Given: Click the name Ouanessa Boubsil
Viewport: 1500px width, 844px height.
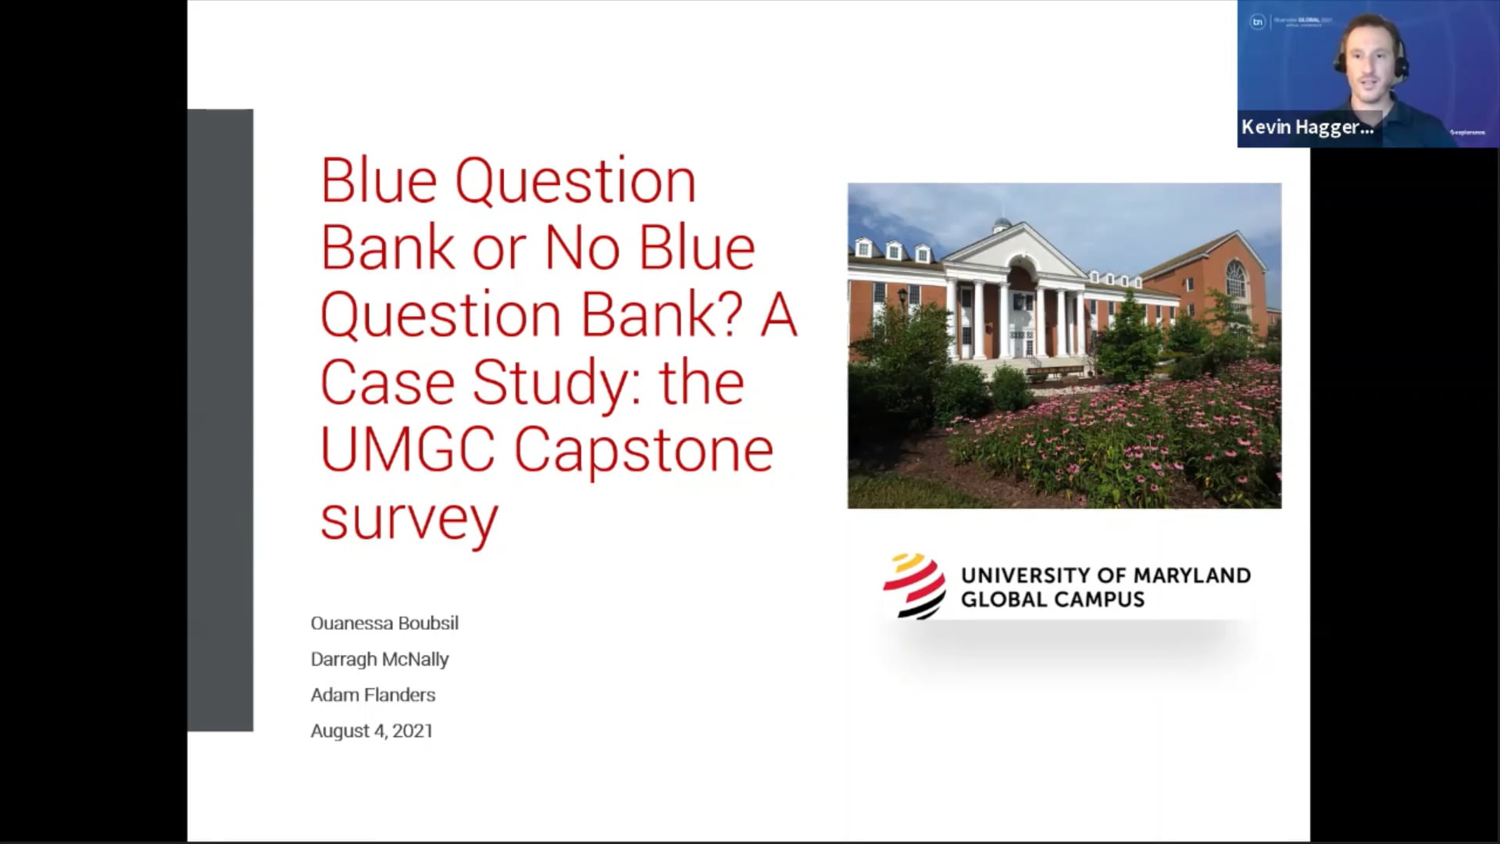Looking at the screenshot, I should (384, 624).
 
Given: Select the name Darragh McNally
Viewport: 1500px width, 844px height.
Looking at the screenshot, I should (380, 660).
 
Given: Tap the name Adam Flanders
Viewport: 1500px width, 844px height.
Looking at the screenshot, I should (373, 696).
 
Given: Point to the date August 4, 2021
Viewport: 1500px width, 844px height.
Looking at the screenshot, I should (371, 731).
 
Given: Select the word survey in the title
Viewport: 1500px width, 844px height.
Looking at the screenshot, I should (409, 520).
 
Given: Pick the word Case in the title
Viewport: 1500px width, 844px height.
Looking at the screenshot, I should (387, 383).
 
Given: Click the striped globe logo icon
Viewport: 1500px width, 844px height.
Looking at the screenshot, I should (914, 586).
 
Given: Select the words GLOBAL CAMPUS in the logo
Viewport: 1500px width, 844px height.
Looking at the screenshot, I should (1052, 600).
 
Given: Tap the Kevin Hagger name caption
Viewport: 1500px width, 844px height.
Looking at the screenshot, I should (1307, 127).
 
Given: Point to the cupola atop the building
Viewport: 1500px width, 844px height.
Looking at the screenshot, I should (1002, 226).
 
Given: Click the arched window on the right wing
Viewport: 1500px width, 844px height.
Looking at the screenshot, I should (1235, 279).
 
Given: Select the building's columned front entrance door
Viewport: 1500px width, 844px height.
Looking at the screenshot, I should (1019, 323).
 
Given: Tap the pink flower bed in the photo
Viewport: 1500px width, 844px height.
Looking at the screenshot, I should (1133, 438).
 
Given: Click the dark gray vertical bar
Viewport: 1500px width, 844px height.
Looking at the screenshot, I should (220, 420).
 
